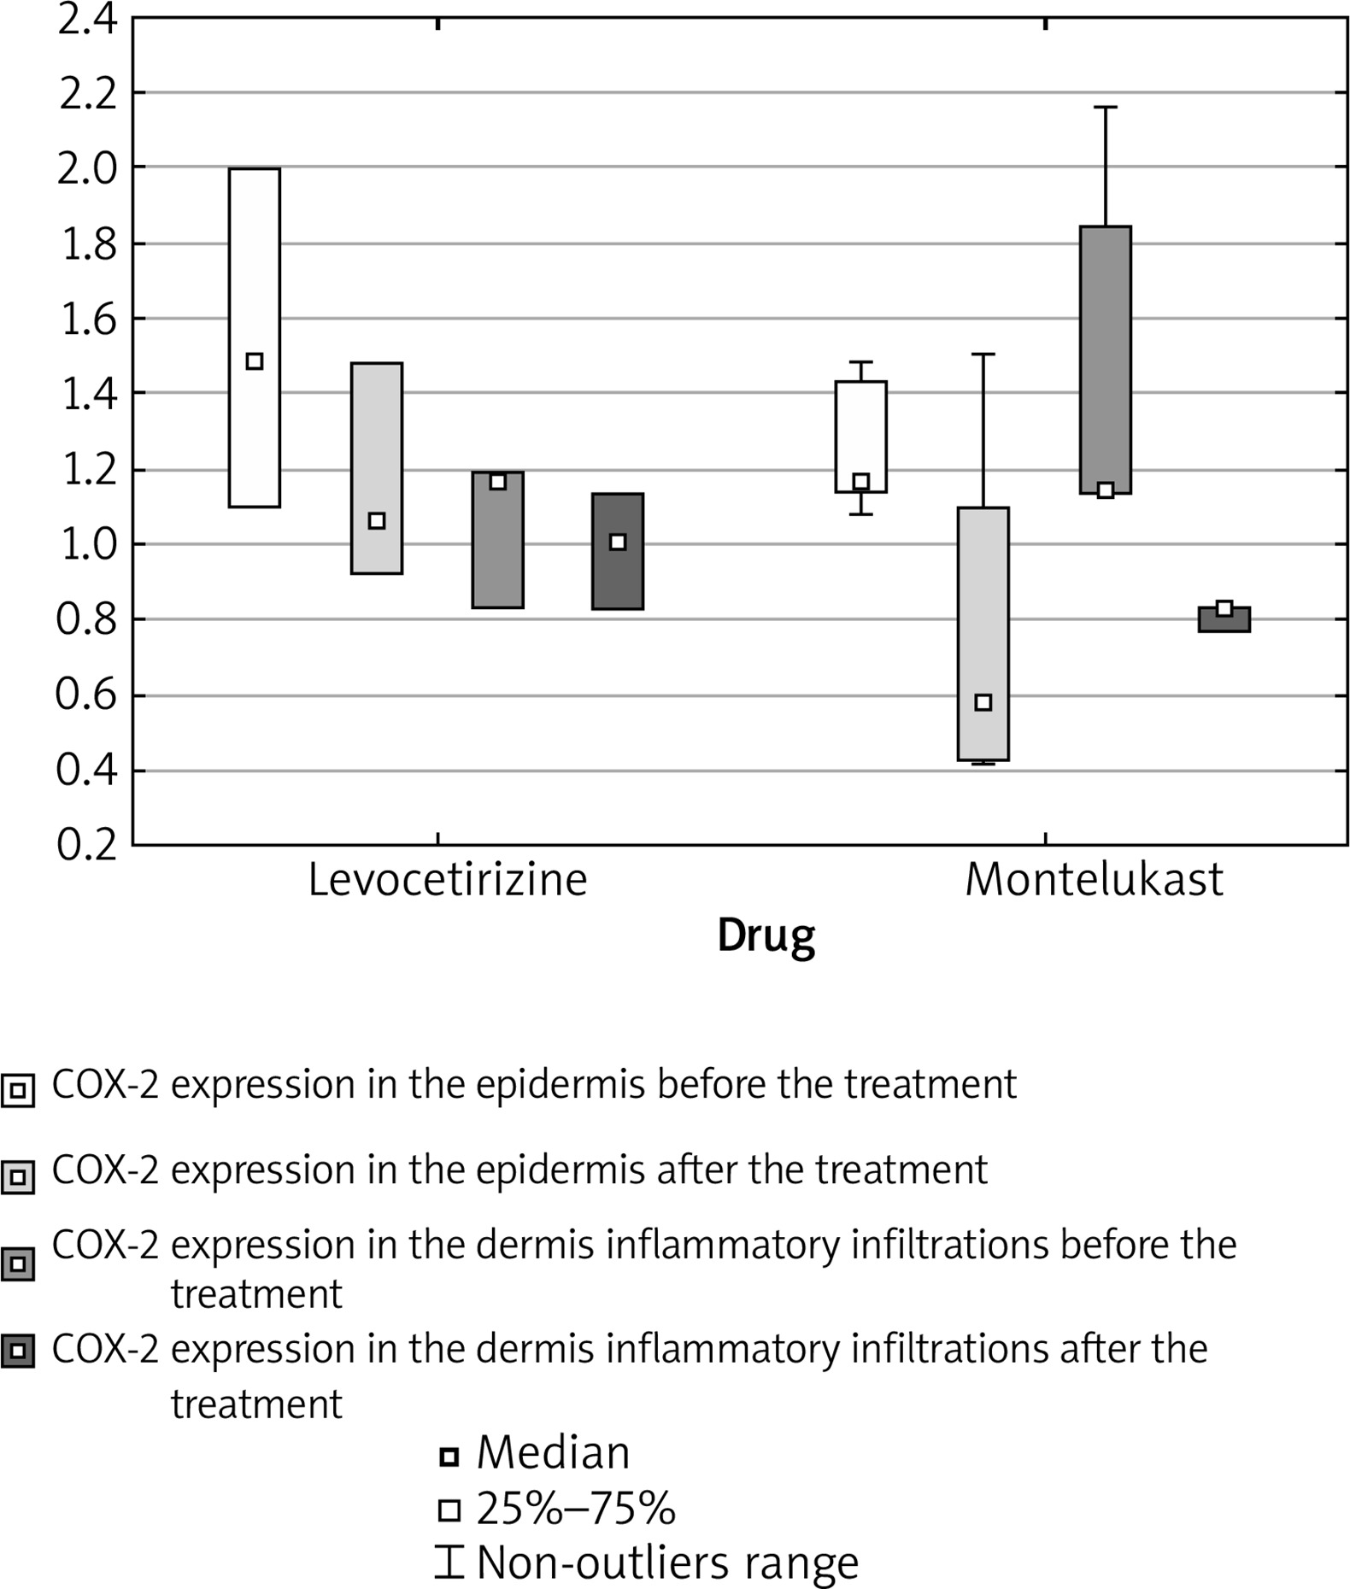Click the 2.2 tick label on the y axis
coord(87,94)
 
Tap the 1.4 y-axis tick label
coord(88,395)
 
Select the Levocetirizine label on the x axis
coord(448,880)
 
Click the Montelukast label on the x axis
coord(1094,880)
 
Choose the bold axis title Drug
coord(766,936)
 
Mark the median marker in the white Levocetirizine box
coord(255,361)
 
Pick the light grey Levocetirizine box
coord(377,427)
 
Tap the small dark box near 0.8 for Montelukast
coord(1224,621)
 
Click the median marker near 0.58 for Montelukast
coord(983,702)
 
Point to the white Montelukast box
coord(861,427)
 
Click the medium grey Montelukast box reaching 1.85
coord(1105,342)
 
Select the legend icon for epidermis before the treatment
coord(18,1090)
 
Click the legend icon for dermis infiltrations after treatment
coord(18,1352)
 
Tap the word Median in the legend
coord(553,1453)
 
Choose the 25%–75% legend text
coord(575,1510)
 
